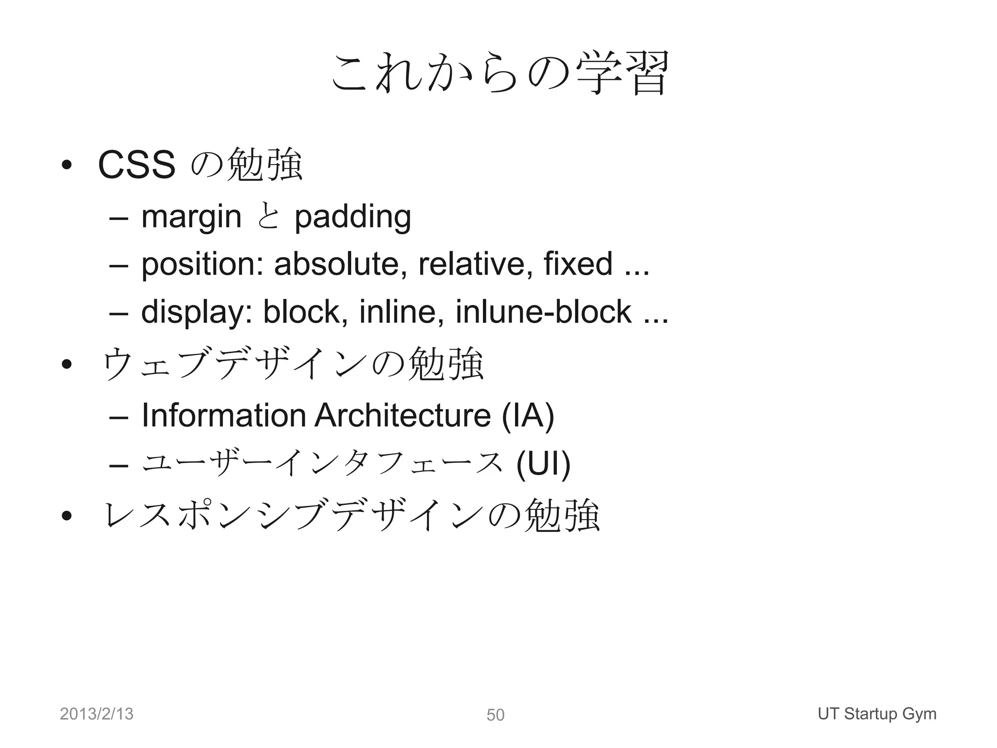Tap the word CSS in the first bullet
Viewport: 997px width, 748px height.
point(136,165)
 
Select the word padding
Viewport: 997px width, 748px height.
point(353,217)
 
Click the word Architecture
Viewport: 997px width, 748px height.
point(403,415)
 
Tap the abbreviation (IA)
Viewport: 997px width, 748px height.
point(528,416)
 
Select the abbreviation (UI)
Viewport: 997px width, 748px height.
point(543,465)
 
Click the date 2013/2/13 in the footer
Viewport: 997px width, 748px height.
point(96,714)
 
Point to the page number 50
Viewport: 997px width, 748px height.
point(496,715)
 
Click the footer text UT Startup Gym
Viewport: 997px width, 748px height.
point(877,714)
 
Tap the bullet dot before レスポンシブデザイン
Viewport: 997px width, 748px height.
point(67,516)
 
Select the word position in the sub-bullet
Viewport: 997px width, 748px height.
point(202,264)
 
